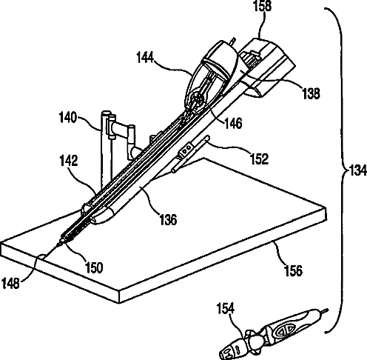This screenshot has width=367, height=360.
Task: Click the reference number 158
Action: [x=263, y=5]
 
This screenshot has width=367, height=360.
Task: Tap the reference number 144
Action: [x=145, y=58]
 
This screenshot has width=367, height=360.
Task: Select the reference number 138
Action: [x=311, y=93]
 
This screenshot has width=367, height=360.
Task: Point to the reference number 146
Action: [x=233, y=123]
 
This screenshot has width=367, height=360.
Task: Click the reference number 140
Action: [x=68, y=117]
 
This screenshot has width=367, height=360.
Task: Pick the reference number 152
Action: [x=259, y=159]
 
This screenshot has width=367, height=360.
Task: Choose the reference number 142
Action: [x=69, y=161]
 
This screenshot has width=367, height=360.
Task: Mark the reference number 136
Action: [x=168, y=219]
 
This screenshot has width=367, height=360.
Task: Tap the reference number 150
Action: [x=94, y=267]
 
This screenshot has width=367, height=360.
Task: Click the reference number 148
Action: [x=10, y=283]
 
